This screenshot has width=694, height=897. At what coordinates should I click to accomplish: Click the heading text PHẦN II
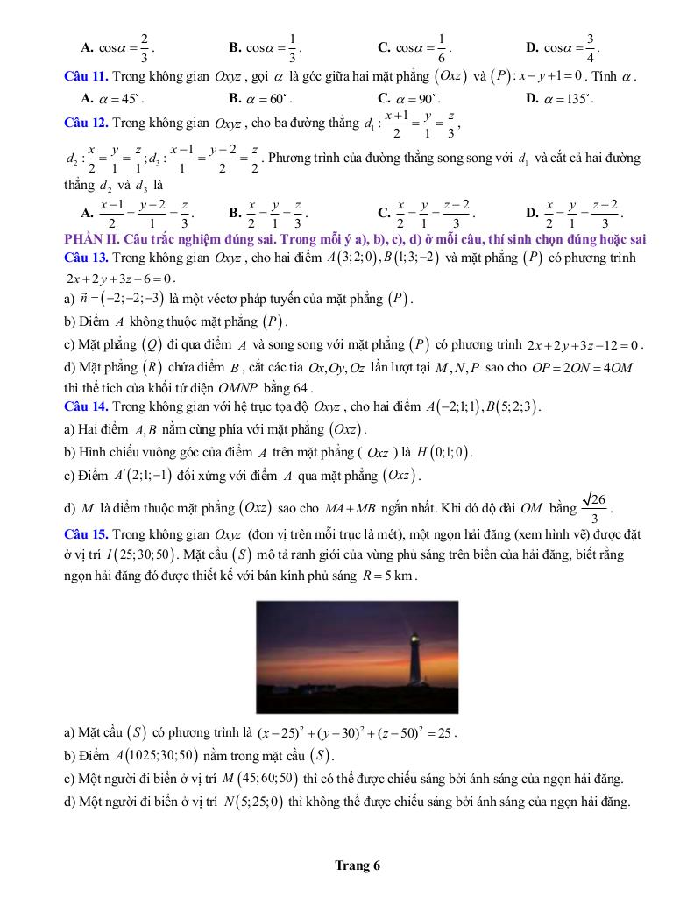tap(96, 239)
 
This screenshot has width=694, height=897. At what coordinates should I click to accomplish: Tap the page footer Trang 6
tap(358, 866)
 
